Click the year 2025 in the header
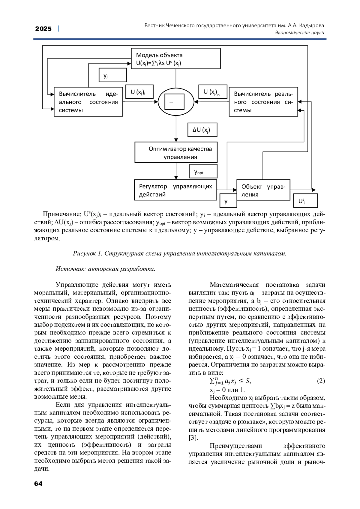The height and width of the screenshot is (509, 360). [43, 29]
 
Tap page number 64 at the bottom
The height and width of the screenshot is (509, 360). [38, 483]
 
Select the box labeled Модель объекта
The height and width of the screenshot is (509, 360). [175, 59]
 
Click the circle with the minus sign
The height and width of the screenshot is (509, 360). [176, 102]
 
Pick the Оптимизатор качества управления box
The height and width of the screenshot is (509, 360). [176, 153]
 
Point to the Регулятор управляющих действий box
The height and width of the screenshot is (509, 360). [175, 190]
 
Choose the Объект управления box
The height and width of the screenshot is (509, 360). [263, 190]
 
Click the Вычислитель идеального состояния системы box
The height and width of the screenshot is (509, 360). [88, 102]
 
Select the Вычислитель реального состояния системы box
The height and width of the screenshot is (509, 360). [263, 102]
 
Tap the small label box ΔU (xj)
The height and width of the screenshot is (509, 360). [202, 130]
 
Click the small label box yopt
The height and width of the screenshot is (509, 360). [203, 172]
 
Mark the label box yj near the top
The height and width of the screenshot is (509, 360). [112, 75]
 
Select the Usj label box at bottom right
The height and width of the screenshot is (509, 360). [305, 201]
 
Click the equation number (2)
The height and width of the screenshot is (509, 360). [321, 381]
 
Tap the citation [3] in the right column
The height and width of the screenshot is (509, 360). [193, 438]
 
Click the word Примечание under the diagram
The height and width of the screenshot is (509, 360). [62, 214]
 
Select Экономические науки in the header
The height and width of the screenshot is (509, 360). [299, 33]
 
